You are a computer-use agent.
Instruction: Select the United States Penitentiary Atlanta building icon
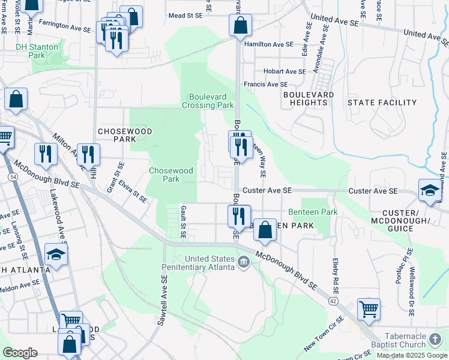244,262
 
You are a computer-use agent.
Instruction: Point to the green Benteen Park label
313,212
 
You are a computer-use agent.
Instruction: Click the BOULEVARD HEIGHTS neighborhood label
309,99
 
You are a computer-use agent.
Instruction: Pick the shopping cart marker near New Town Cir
369,308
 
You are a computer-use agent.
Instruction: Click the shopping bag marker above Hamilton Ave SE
240,25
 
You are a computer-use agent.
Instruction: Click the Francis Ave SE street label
265,85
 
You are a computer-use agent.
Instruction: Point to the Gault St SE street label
183,220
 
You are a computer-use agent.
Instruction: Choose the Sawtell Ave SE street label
162,301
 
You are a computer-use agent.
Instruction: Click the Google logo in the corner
20,353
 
